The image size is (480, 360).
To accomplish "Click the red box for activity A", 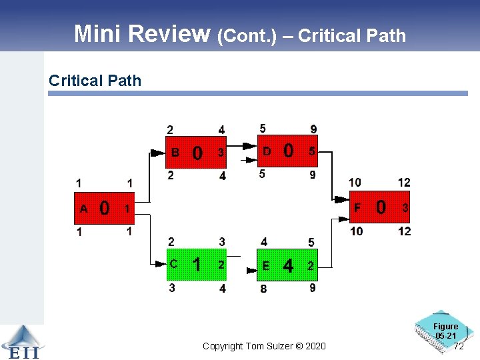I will [103, 208].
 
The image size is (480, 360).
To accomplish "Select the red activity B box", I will [196, 153].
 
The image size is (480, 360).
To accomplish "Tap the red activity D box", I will [287, 151].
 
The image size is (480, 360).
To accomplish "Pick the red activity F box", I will [379, 208].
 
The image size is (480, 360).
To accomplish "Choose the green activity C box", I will [196, 265].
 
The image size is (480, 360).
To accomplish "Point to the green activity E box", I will [287, 265].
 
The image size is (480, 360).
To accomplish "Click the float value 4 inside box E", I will [288, 266].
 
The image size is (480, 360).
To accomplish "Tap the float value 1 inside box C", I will [197, 265].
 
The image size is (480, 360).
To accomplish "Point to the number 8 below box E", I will [264, 289].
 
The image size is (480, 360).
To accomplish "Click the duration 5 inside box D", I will [311, 152].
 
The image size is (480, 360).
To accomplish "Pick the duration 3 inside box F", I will [404, 209].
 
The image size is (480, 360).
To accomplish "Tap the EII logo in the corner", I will [21, 342].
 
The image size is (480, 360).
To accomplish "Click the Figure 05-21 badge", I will [445, 330].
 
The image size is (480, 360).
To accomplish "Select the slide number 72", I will [458, 347].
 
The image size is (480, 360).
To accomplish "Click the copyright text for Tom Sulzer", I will [264, 346].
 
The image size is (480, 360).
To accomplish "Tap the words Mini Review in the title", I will [142, 33].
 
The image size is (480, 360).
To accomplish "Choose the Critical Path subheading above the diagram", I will [95, 81].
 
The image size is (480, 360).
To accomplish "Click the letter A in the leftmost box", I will [83, 209].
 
